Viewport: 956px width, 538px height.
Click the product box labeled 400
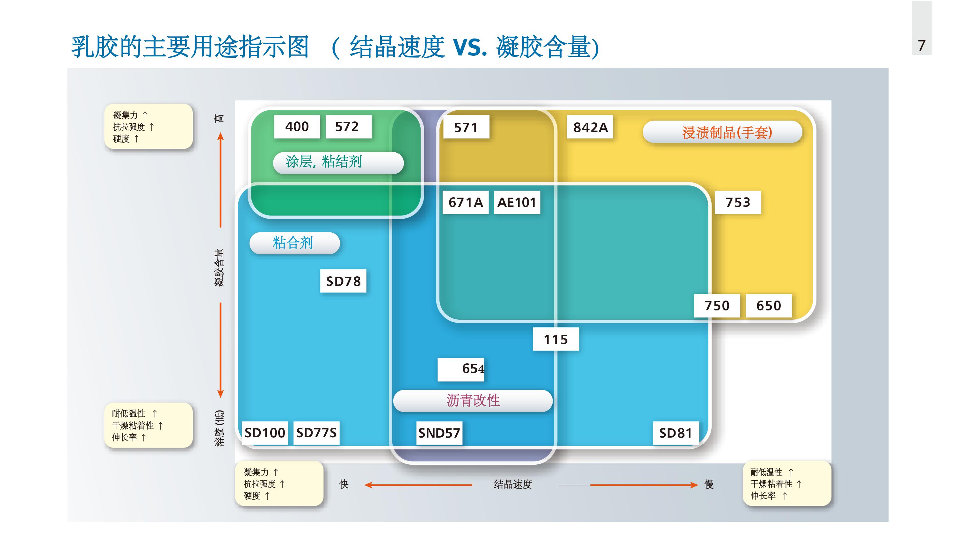tap(297, 127)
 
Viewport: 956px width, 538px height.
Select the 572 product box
tap(348, 127)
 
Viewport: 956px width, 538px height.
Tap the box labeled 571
tap(466, 127)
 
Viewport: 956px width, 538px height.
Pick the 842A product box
tap(590, 127)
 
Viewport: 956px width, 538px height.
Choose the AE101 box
tap(517, 202)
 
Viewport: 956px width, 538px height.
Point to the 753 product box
tap(737, 202)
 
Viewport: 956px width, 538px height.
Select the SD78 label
tap(343, 281)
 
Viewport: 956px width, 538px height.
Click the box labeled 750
tap(717, 306)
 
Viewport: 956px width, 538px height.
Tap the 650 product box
tap(768, 306)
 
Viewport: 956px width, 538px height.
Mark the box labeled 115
tap(555, 339)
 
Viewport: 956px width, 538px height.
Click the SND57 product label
tap(439, 433)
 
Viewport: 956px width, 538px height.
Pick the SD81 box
tap(676, 433)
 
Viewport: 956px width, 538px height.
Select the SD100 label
tap(264, 433)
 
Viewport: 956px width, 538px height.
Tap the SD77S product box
tap(316, 433)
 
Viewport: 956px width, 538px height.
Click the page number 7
tap(922, 46)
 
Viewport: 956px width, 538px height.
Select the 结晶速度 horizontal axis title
tap(513, 484)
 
